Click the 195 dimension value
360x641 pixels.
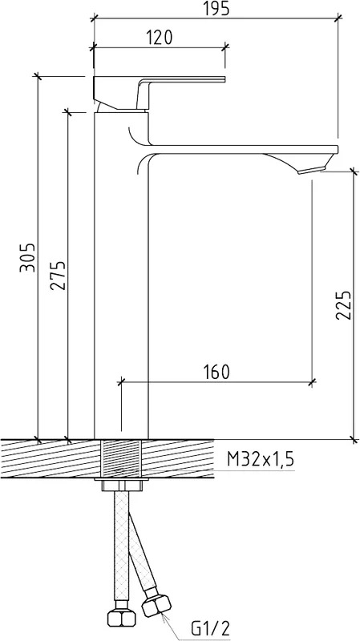[x=216, y=8]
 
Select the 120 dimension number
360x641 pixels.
[x=160, y=38]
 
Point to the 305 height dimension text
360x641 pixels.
[x=28, y=257]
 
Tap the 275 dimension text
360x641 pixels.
[x=58, y=276]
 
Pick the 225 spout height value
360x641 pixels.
[x=344, y=305]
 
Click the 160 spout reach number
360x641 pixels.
[x=216, y=372]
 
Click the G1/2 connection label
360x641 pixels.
[x=211, y=628]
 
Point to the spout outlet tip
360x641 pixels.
[x=313, y=169]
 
